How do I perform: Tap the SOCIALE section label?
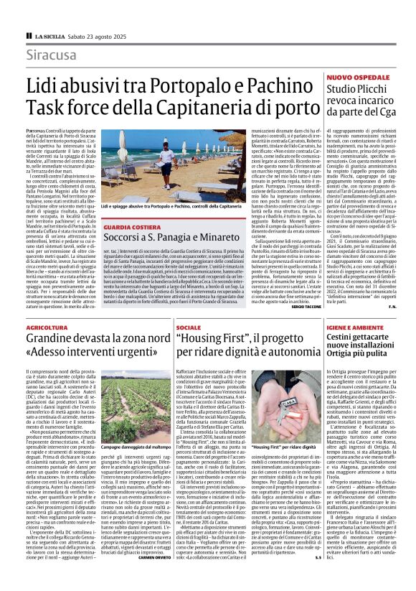189,327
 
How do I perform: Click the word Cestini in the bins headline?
348,338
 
